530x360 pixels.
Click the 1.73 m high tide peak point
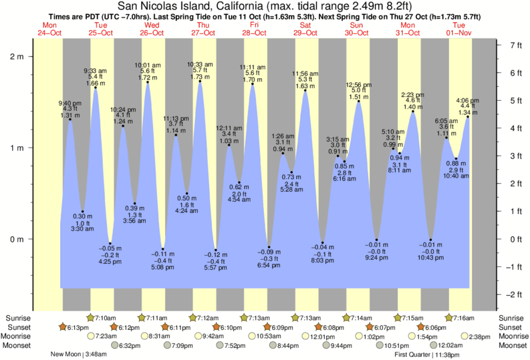pos(200,82)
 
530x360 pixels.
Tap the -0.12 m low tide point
pos(215,250)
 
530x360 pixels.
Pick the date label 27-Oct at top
pos(203,33)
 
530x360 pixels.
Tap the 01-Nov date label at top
pos(458,33)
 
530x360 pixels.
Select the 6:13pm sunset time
pos(79,327)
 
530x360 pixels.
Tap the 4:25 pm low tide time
pos(110,262)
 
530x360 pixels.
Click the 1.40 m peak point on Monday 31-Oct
pos(414,112)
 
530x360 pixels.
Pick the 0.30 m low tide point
pos(82,212)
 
